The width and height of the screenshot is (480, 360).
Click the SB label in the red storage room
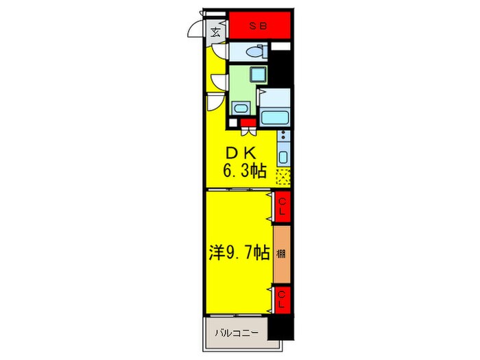(x=258, y=26)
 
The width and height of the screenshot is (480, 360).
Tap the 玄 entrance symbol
(x=216, y=32)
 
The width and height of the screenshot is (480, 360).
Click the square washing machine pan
(x=258, y=74)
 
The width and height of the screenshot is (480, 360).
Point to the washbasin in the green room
(x=241, y=108)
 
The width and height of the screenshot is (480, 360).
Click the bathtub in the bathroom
(x=274, y=118)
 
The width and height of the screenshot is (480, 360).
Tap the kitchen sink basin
(x=283, y=157)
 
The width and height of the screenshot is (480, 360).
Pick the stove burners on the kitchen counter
(x=284, y=135)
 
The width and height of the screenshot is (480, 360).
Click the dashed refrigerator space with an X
(x=283, y=177)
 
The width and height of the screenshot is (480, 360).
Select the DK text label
(x=241, y=154)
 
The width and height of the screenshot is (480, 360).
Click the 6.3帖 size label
(x=245, y=171)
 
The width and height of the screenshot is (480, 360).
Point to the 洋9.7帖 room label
(x=240, y=253)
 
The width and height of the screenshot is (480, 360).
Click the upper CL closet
(x=282, y=206)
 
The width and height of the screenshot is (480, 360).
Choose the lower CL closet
(x=282, y=300)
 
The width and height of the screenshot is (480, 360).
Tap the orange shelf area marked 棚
(x=281, y=254)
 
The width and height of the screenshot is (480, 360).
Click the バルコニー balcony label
(x=237, y=333)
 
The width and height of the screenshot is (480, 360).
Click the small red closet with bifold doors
(x=248, y=123)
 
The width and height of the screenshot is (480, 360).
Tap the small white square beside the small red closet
(x=233, y=123)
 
